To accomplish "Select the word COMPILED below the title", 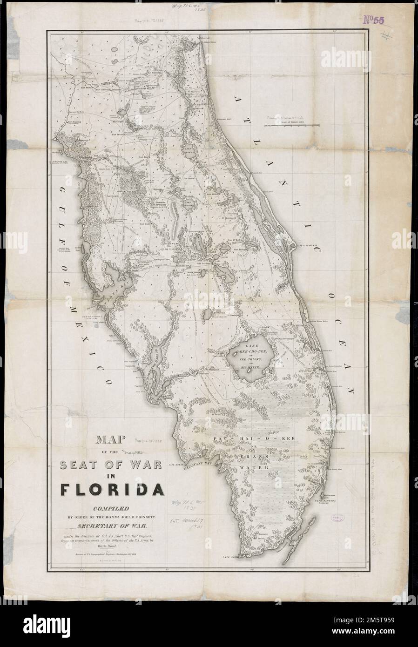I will click(109, 509).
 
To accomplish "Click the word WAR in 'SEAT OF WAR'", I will click(146, 465).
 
